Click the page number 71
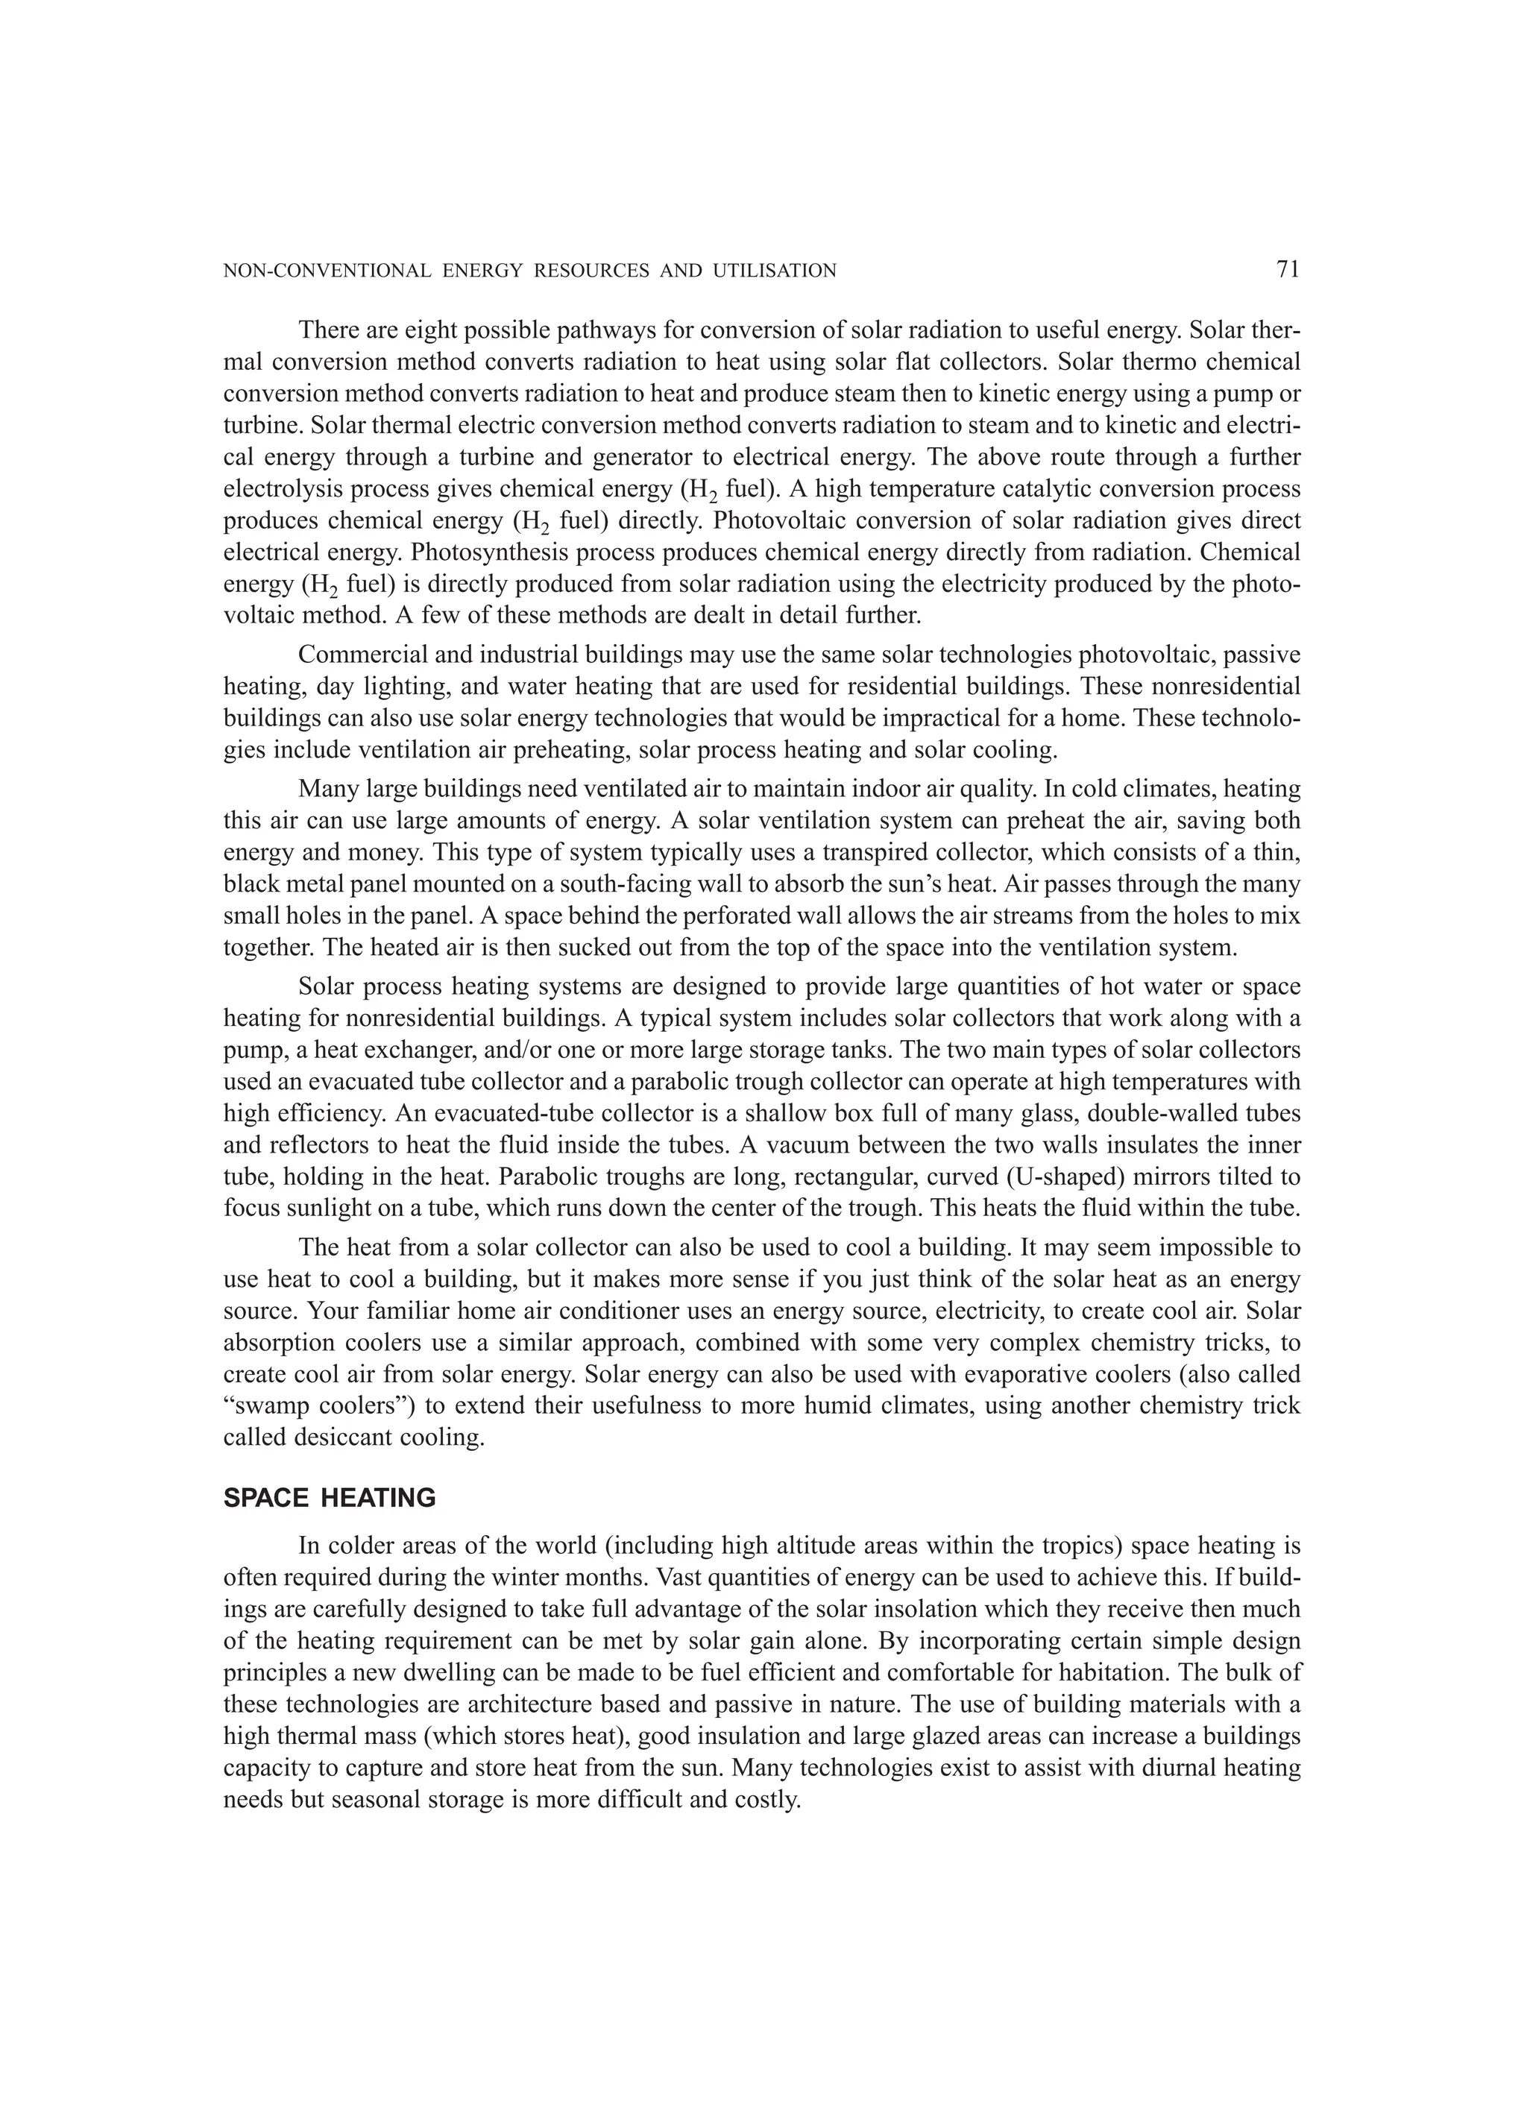click(1287, 270)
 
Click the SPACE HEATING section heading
click(329, 1498)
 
